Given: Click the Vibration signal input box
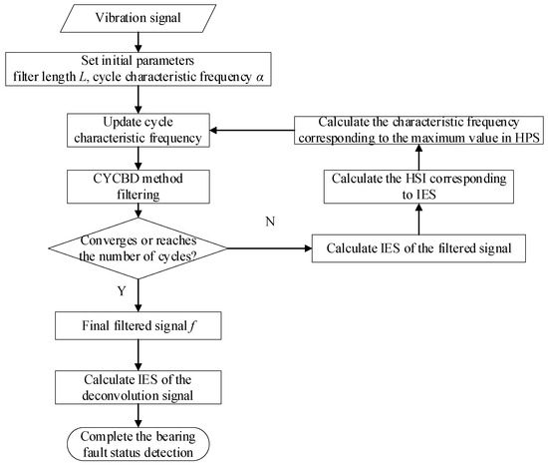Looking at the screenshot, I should click(x=137, y=20).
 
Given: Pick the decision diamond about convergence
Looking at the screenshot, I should click(x=137, y=248).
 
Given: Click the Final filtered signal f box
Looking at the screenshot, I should click(x=137, y=324).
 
